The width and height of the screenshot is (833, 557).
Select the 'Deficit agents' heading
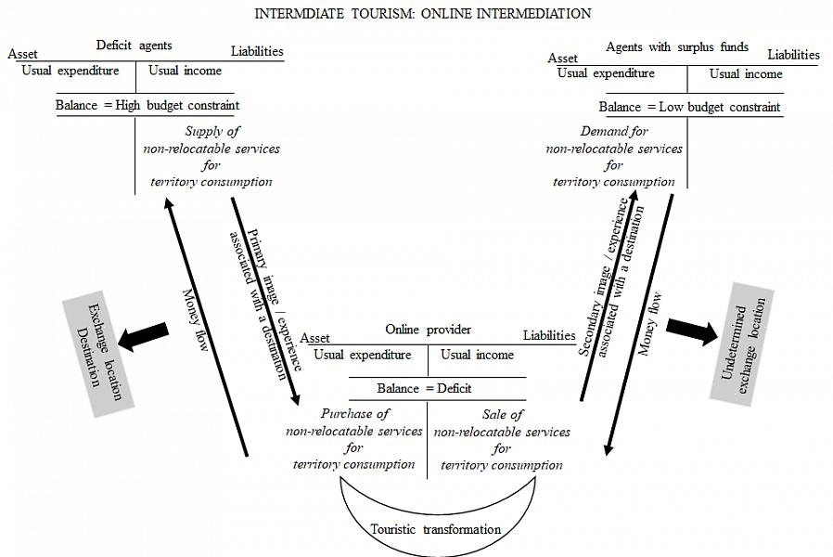pos(135,45)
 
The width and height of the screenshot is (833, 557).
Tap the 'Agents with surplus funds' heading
pos(676,47)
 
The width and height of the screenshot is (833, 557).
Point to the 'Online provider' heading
pos(428,330)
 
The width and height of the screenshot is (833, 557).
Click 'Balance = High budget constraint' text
pos(147,105)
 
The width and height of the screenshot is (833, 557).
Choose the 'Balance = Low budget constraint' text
pos(689,107)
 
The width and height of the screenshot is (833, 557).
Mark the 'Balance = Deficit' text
pos(424,388)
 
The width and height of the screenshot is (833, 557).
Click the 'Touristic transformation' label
pos(436,529)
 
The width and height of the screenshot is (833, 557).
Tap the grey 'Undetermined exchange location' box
pos(742,343)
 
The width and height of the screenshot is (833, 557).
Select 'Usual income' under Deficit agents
pos(185,71)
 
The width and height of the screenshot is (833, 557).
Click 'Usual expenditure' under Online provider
pos(362,355)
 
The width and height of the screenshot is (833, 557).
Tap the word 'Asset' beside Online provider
pos(315,338)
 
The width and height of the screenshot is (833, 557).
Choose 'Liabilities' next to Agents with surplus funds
pos(793,55)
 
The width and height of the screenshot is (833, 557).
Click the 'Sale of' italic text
pos(503,415)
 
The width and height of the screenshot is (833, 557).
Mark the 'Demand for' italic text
pos(614,132)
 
